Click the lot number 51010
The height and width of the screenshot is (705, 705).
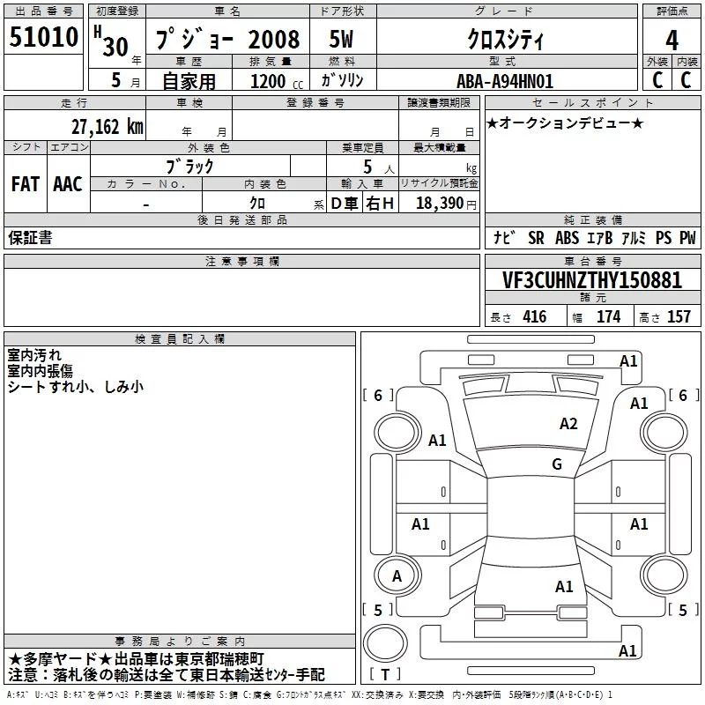[43, 37]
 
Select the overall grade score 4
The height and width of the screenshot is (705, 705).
[672, 40]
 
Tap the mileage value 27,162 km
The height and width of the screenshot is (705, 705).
[107, 127]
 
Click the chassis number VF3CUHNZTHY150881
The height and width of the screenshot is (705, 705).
[592, 279]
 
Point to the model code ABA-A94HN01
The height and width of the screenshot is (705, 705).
[505, 81]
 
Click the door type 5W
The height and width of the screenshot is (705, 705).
[341, 39]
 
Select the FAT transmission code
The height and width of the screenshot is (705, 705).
[26, 184]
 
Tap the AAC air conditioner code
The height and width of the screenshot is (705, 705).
[68, 184]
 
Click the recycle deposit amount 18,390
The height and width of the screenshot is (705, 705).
[439, 204]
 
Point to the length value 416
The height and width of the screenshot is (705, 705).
[535, 316]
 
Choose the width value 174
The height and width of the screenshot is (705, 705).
[608, 316]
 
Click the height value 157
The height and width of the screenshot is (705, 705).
[679, 316]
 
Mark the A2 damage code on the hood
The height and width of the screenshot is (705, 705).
[568, 424]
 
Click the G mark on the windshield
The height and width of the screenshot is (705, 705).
[557, 464]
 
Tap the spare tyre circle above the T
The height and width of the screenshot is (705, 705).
[385, 643]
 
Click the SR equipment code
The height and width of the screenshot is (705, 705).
[536, 238]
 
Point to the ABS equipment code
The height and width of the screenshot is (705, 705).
[567, 238]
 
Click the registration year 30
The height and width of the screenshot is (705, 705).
[115, 47]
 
